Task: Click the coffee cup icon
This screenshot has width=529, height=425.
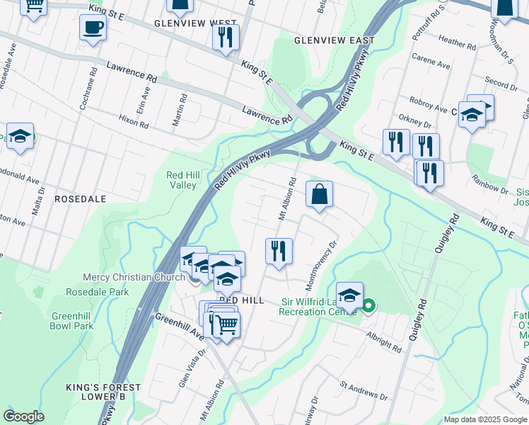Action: pos(93,28)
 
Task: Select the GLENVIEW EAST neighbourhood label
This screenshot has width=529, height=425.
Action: pos(335,40)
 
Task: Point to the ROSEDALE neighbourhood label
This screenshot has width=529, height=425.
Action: pos(80,199)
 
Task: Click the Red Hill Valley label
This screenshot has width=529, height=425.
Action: pos(181,180)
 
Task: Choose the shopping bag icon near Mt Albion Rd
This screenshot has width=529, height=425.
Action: pos(319,193)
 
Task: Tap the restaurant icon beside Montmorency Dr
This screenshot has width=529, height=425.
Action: pos(279,251)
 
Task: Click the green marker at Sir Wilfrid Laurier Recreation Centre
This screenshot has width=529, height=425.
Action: pos(368,307)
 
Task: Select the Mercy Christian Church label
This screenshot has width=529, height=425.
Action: pos(134,277)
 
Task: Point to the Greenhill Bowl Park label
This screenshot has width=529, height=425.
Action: pos(71,321)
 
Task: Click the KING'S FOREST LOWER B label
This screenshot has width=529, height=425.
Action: pos(105,392)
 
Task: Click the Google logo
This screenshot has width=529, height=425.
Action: pos(24,416)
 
